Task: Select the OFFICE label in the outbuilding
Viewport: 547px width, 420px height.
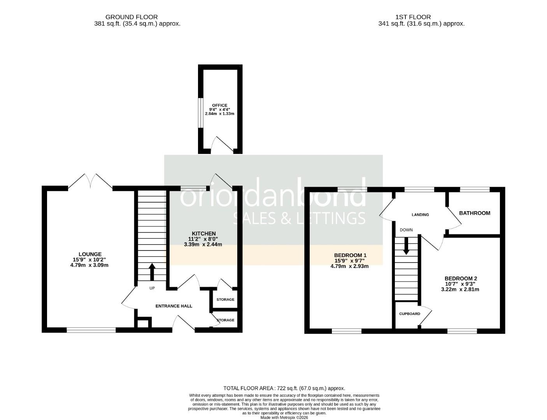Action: tap(219, 105)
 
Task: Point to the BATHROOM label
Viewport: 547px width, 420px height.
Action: tap(474, 213)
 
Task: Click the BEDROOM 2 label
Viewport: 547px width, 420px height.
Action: tap(461, 278)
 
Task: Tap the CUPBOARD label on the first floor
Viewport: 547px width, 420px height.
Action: tap(409, 314)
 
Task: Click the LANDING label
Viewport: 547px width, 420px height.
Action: tap(420, 215)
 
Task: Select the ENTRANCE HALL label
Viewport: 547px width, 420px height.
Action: tap(174, 306)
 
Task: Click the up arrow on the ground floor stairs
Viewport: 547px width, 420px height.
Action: tap(152, 272)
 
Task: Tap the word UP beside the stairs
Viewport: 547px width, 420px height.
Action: tap(152, 288)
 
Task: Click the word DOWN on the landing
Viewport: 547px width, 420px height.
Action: tap(406, 230)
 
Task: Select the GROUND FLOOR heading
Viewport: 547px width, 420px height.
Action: tap(131, 17)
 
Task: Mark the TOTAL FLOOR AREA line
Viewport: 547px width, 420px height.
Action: tap(284, 388)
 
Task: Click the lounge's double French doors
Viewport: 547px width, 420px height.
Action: tap(90, 182)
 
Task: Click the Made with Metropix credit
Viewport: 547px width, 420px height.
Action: tap(284, 417)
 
